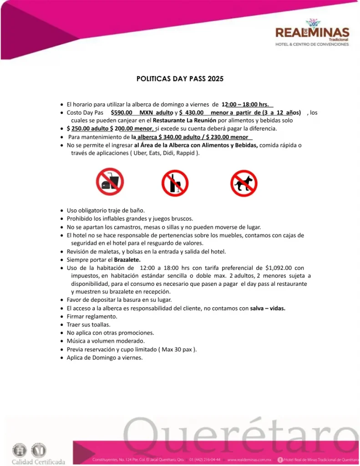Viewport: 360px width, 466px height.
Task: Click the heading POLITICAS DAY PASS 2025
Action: [x=180, y=79]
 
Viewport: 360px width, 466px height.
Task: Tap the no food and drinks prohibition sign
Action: [x=110, y=182]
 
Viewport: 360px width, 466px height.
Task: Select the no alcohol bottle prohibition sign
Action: [x=175, y=183]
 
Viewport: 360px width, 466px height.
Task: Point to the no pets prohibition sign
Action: [x=243, y=183]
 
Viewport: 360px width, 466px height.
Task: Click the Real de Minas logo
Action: [x=312, y=33]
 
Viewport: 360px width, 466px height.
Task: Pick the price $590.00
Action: [x=122, y=112]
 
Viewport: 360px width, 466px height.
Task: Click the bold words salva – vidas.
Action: [x=268, y=308]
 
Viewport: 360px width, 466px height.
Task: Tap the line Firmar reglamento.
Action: [x=91, y=316]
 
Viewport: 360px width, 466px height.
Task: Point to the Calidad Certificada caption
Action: [x=38, y=461]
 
